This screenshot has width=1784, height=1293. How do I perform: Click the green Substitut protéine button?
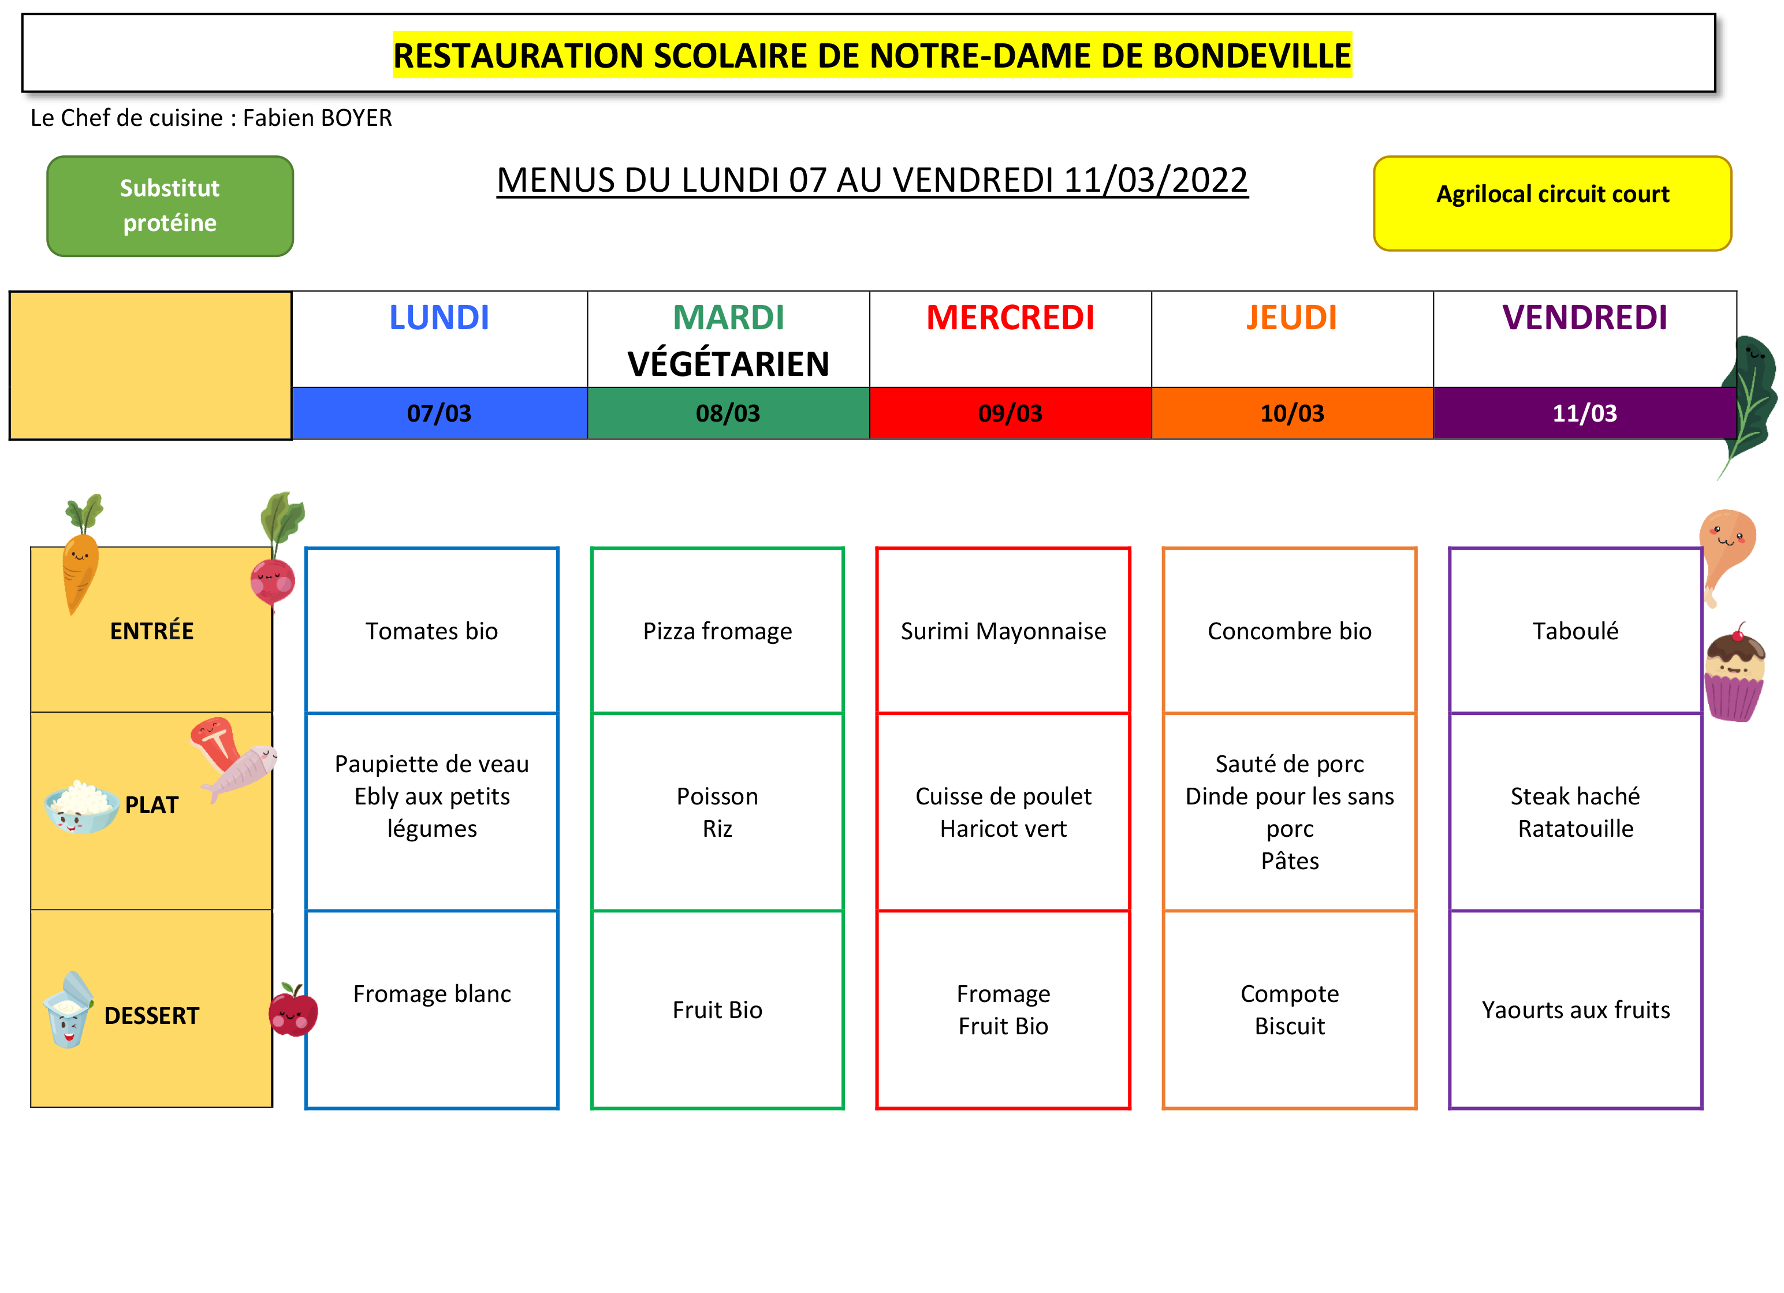[170, 206]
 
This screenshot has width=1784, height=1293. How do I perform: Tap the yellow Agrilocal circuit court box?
[1553, 204]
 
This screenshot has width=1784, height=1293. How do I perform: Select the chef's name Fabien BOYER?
[317, 118]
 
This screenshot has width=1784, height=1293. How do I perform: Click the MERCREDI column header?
[1010, 318]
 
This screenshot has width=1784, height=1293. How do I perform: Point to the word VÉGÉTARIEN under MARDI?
[728, 364]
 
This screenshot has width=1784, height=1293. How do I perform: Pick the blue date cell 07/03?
[440, 413]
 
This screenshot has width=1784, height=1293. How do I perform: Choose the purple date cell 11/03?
[1584, 413]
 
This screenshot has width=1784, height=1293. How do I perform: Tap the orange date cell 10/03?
[1293, 413]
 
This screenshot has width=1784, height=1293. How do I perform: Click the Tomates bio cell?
[432, 631]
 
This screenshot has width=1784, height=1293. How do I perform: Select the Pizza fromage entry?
[717, 631]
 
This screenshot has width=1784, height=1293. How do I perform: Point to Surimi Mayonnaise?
[1004, 631]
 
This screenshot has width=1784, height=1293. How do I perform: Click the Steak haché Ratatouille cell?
[1576, 813]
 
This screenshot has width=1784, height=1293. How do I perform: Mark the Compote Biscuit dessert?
[1290, 1010]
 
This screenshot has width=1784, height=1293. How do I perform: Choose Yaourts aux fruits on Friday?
[1576, 1010]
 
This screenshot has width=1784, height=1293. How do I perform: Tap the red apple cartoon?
[293, 1010]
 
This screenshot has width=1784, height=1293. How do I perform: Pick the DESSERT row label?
[152, 1015]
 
